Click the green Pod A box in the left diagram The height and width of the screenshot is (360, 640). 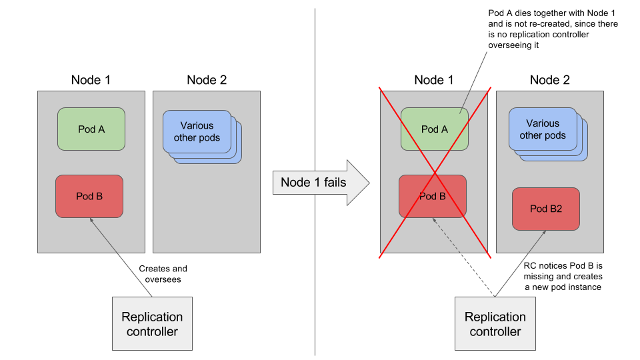pyautogui.click(x=91, y=129)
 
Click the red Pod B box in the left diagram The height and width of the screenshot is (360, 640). pyautogui.click(x=89, y=196)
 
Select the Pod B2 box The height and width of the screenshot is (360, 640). pyautogui.click(x=546, y=209)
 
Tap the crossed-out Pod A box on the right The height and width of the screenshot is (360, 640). pyautogui.click(x=434, y=129)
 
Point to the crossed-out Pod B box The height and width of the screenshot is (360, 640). pyautogui.click(x=432, y=196)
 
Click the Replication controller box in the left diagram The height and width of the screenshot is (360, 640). pyautogui.click(x=152, y=324)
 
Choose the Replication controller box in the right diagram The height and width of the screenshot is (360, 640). pyautogui.click(x=495, y=324)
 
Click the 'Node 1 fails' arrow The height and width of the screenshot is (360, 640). pyautogui.click(x=321, y=183)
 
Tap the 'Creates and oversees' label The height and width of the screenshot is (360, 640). pyautogui.click(x=163, y=274)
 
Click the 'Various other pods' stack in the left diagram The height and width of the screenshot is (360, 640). pyautogui.click(x=202, y=137)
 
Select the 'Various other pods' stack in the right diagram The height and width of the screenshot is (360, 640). pyautogui.click(x=548, y=134)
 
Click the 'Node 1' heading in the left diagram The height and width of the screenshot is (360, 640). pyautogui.click(x=91, y=80)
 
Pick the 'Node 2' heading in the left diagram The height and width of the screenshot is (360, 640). pyautogui.click(x=207, y=80)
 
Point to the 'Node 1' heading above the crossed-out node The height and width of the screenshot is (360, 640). pyautogui.click(x=434, y=80)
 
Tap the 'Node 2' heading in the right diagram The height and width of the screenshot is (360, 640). pyautogui.click(x=550, y=80)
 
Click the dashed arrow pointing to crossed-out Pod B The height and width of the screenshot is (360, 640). pyautogui.click(x=464, y=257)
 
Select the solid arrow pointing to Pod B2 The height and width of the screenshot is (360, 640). pyautogui.click(x=521, y=264)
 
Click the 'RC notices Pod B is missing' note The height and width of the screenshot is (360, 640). pyautogui.click(x=563, y=276)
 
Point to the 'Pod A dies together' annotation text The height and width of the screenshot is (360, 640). pyautogui.click(x=553, y=29)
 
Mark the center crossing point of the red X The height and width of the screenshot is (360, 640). pyautogui.click(x=435, y=173)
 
